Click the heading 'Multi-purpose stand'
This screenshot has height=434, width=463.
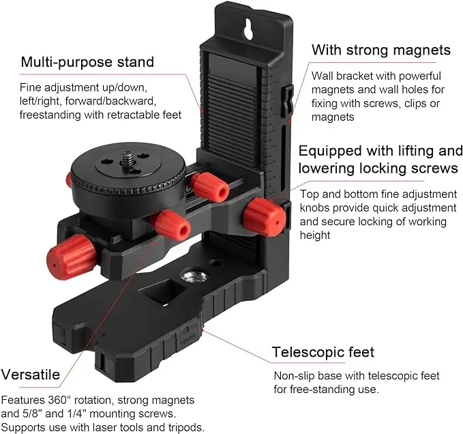pyautogui.click(x=87, y=62)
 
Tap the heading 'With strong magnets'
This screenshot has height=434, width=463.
pyautogui.click(x=381, y=50)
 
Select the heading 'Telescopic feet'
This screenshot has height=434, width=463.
pyautogui.click(x=323, y=352)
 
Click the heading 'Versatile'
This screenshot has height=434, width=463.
pyautogui.click(x=30, y=374)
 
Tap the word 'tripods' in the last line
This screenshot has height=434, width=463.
pyautogui.click(x=185, y=428)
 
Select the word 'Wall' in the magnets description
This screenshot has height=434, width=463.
pyautogui.click(x=323, y=75)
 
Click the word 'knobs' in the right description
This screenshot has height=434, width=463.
pyautogui.click(x=316, y=207)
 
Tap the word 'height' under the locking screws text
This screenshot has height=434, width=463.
pyautogui.click(x=315, y=235)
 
